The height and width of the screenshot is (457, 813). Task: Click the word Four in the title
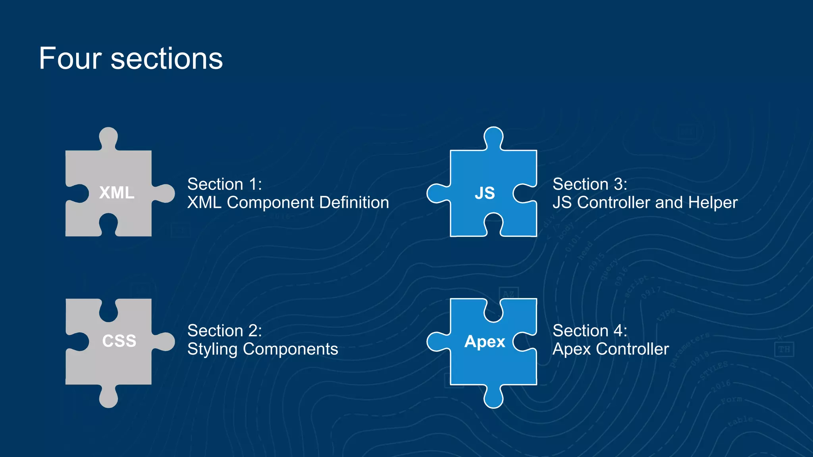[71, 59]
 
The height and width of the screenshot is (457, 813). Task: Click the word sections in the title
[167, 59]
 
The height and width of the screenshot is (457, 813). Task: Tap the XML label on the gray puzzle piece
[117, 193]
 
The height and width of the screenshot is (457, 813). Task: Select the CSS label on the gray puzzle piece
[119, 341]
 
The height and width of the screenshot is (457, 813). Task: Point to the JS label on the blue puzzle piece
[485, 193]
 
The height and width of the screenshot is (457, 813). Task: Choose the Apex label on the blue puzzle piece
[485, 341]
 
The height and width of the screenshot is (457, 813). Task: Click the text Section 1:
[225, 184]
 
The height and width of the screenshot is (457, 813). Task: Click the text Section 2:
[225, 330]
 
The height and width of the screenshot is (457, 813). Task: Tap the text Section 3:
[590, 184]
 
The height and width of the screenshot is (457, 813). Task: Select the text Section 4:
[590, 330]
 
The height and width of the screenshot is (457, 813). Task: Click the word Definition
[354, 202]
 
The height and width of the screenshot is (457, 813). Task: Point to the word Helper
[713, 202]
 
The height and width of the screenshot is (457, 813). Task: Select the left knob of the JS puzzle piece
[437, 193]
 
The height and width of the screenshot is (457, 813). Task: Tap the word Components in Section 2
[290, 349]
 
